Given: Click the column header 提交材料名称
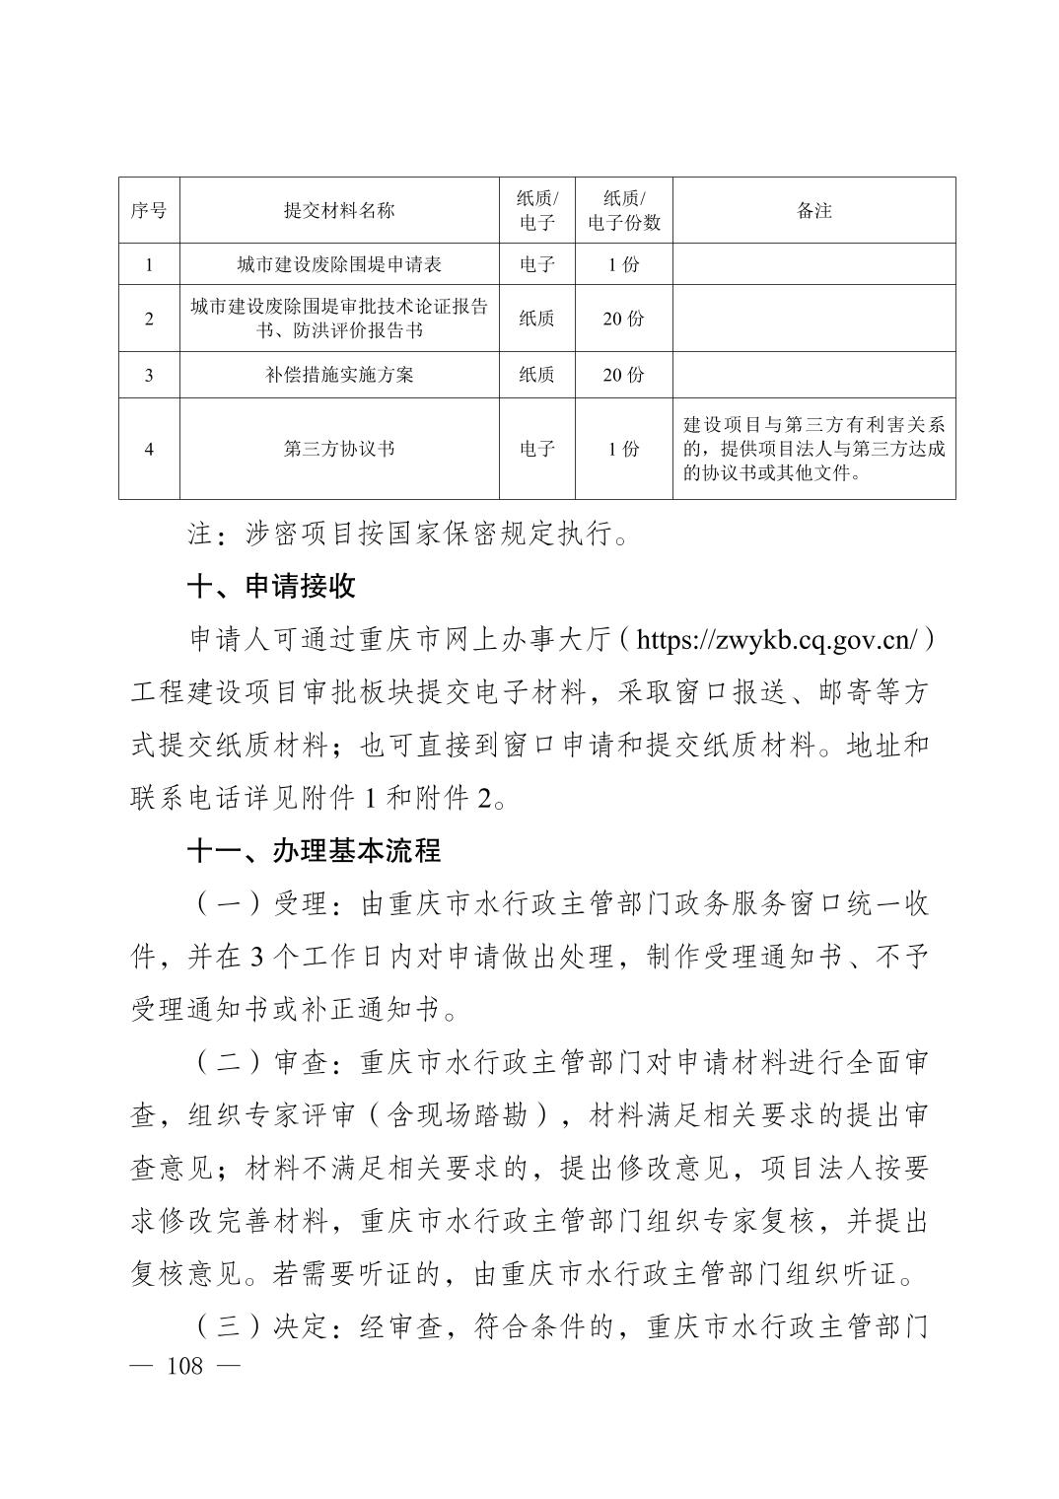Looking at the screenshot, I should point(338,210).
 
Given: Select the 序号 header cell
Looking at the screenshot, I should point(149,210).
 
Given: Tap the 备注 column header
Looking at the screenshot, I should point(813,210).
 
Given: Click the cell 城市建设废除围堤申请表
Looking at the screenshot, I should point(338,264).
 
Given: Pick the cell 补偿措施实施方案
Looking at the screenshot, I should point(338,375).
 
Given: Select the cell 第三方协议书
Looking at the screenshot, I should point(338,449).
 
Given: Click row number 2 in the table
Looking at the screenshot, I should point(149,319).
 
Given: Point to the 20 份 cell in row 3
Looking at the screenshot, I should point(623,375).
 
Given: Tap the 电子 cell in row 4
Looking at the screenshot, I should point(536,449).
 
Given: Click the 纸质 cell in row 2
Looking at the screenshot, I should point(536,319).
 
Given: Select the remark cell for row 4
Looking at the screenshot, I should point(813,449).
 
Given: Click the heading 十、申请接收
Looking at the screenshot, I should point(271,587).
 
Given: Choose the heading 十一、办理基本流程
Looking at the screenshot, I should point(314,850).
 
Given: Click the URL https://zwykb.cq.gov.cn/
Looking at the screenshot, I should point(778,640).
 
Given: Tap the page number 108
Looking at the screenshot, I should point(185,1365).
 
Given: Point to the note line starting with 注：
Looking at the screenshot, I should point(408,535).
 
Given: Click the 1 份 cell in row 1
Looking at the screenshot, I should point(623,264).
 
